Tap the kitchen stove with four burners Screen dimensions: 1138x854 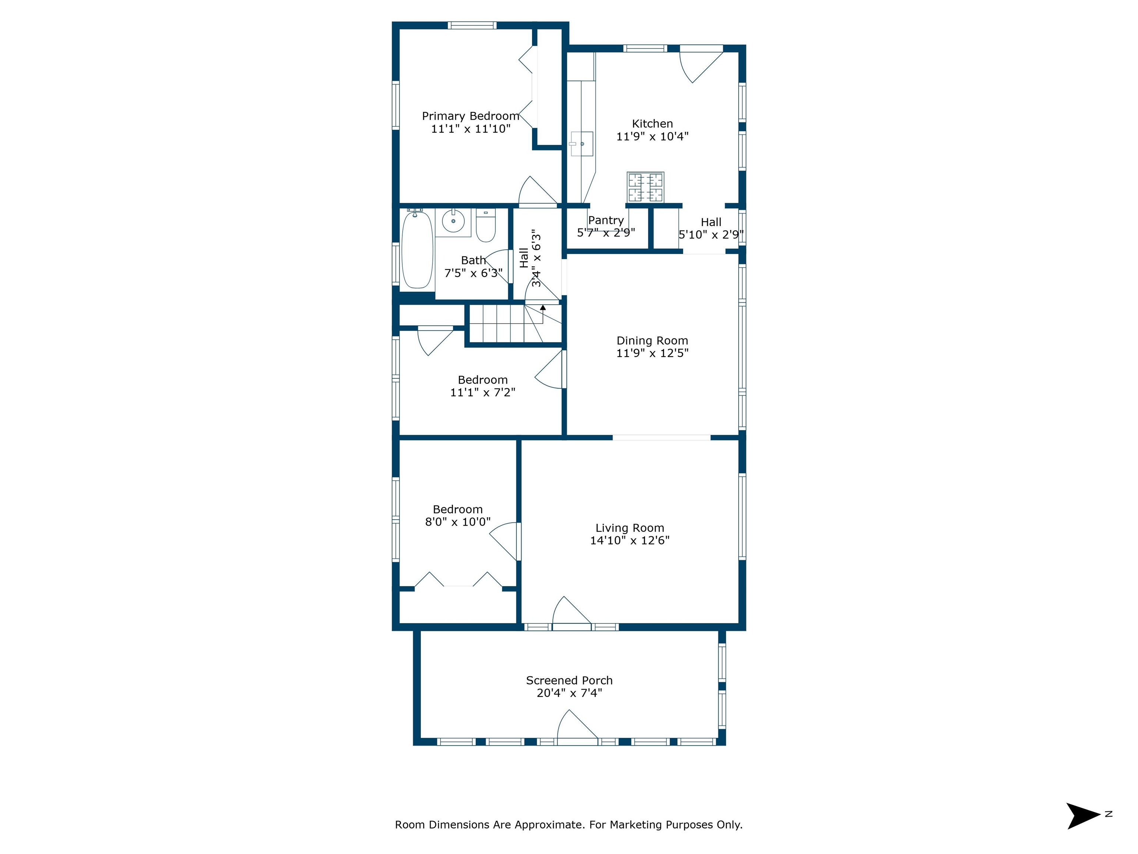pyautogui.click(x=645, y=187)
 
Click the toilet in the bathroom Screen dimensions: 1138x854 pyautogui.click(x=485, y=225)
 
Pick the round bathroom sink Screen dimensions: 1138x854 pyautogui.click(x=453, y=221)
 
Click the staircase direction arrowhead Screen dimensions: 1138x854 pyautogui.click(x=543, y=307)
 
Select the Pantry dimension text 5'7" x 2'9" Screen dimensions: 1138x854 pyautogui.click(x=606, y=233)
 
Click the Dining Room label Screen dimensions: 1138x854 pyautogui.click(x=652, y=341)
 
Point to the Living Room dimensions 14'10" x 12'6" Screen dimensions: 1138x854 pyautogui.click(x=630, y=540)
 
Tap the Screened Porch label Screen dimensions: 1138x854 pyautogui.click(x=569, y=681)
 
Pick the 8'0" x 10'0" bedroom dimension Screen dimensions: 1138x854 pyautogui.click(x=458, y=522)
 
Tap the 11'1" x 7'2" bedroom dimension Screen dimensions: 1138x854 pyautogui.click(x=483, y=392)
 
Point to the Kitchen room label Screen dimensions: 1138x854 pyautogui.click(x=652, y=123)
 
